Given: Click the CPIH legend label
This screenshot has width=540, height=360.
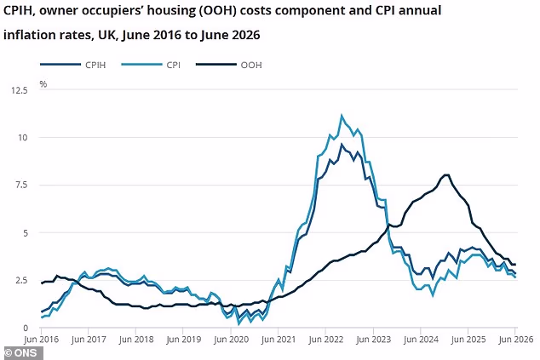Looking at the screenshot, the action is coord(95,65).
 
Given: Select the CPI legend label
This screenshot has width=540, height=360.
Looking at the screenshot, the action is coord(174,65).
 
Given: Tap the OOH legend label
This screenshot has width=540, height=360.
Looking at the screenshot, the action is coord(251,65).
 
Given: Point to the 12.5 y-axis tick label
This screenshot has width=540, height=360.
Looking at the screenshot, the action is coord(20,90).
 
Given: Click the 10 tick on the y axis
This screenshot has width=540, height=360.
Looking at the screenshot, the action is coord(22,138).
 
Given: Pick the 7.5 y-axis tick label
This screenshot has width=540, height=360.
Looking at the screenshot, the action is coord(21,185).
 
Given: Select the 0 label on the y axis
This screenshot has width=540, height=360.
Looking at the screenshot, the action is coord(26,328).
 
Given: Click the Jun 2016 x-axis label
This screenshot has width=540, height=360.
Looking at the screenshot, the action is coord(42,340).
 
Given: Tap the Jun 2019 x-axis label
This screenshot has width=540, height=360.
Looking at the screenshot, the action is coord(184,340).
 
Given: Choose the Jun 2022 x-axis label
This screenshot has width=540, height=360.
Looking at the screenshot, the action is coord(326,340).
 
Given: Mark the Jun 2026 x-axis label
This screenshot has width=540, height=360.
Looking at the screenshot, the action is coord(516,340).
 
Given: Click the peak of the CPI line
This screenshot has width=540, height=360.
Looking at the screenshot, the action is coord(342,116).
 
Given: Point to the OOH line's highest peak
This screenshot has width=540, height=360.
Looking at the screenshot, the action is coord(446,174).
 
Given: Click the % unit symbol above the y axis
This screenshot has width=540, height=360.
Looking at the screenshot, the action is coord(43,84).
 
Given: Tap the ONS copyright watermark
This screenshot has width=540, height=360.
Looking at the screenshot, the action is coord(21,353).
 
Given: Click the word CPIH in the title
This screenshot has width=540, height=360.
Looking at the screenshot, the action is coord(18,11).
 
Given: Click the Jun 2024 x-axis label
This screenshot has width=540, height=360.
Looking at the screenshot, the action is coord(421,340).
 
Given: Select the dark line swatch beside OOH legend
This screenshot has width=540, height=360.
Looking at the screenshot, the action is coord(216,65).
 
